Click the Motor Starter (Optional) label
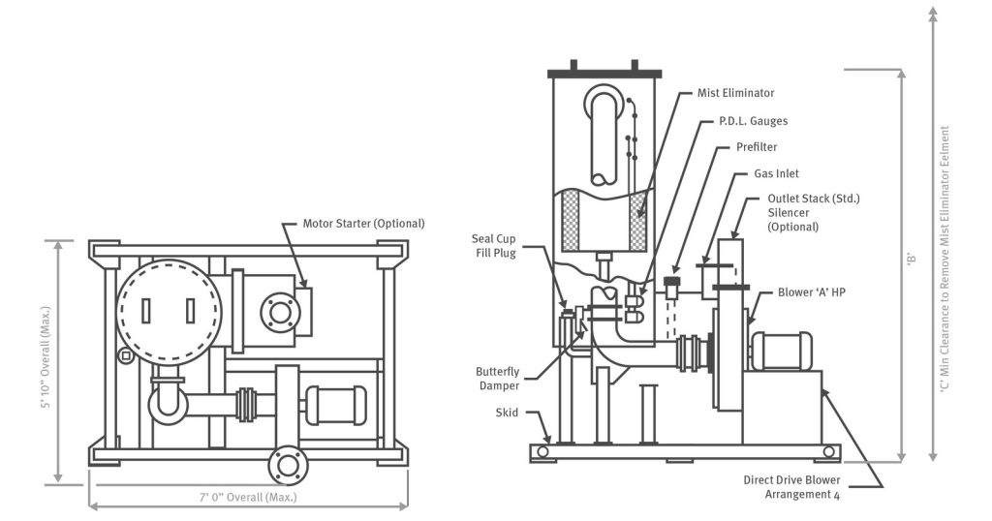click(363, 223)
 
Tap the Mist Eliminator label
click(735, 93)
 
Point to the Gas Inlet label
click(776, 174)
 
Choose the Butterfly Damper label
click(500, 377)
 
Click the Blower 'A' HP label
click(815, 291)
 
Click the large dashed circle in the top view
click(168, 309)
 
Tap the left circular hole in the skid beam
click(542, 452)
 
